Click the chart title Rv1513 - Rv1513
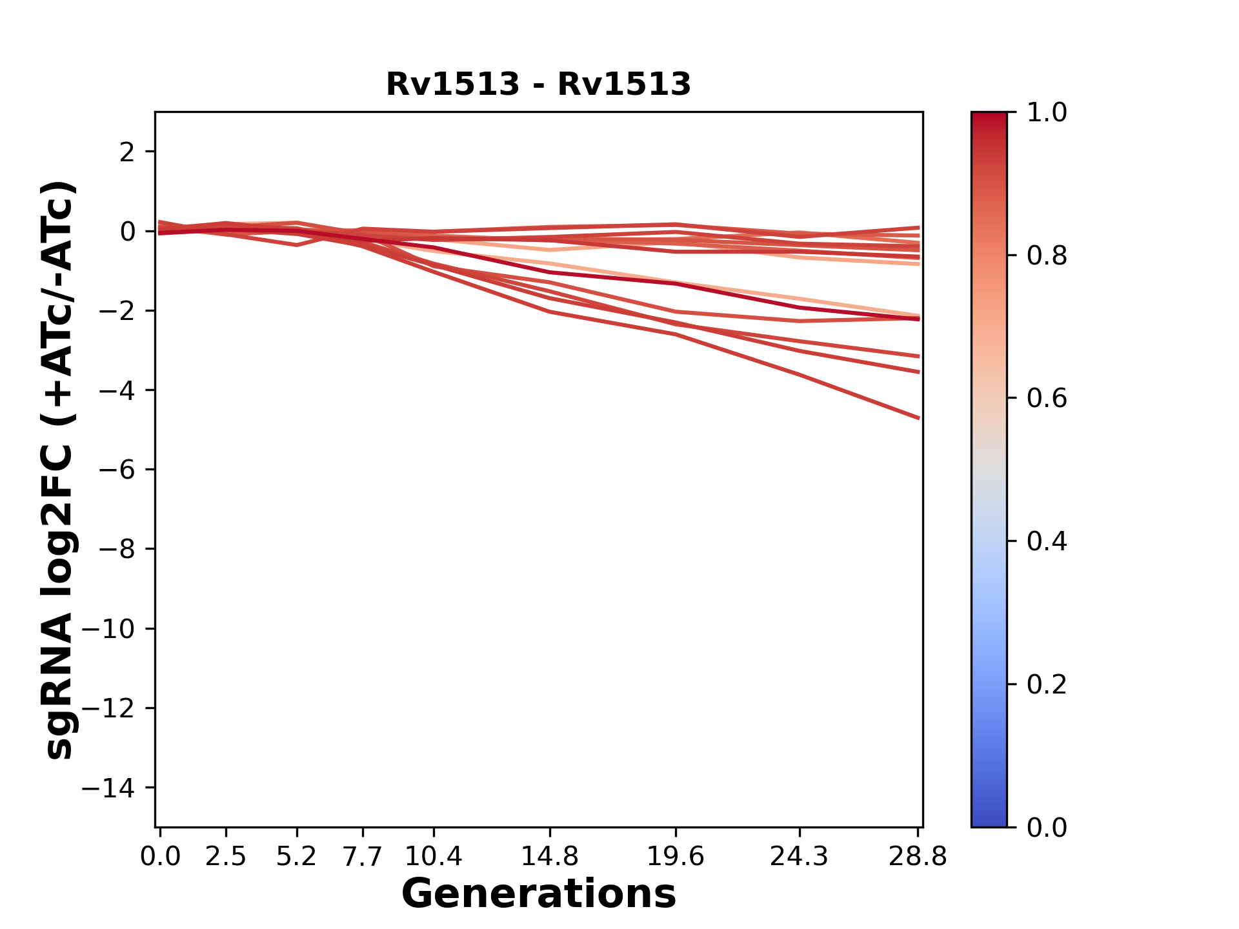pos(538,85)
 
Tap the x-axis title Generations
pos(538,894)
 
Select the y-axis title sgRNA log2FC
pos(59,469)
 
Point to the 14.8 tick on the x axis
pos(549,857)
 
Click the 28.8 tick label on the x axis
pos(918,857)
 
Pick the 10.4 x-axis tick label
pos(433,857)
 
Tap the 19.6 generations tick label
pos(675,857)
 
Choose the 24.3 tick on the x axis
pos(799,857)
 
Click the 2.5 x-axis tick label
pos(226,857)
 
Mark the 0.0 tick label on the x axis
pos(160,857)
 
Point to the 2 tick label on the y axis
pos(127,152)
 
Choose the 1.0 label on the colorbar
pos(1047,113)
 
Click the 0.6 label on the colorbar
pos(1047,399)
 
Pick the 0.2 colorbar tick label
pos(1047,684)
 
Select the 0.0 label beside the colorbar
pos(1047,827)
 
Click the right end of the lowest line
pos(918,417)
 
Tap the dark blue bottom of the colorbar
pos(989,819)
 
